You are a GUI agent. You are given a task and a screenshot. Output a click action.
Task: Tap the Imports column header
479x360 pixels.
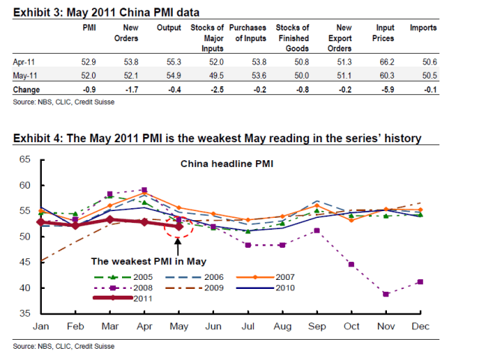(x=424, y=28)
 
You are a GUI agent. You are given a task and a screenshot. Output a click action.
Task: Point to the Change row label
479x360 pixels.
(x=27, y=88)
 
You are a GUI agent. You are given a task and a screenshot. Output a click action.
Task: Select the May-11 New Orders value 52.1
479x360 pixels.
(x=130, y=76)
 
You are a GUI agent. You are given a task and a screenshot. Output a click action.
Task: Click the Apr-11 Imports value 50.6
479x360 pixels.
(x=424, y=63)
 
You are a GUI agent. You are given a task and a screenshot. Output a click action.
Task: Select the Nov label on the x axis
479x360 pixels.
(x=385, y=327)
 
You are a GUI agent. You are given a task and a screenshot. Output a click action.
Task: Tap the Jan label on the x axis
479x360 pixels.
(x=40, y=327)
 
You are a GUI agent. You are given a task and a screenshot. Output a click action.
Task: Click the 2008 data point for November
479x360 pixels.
(x=385, y=294)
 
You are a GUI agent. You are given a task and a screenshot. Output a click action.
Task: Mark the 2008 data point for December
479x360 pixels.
(x=419, y=281)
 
